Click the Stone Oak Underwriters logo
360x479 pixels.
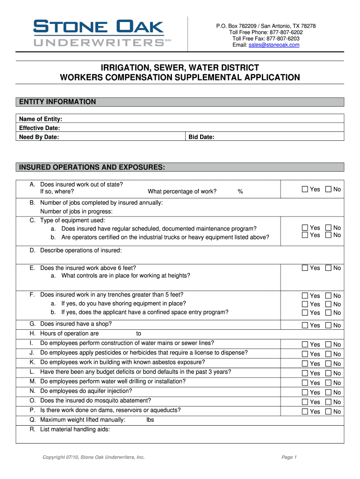click(99, 33)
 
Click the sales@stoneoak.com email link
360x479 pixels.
click(274, 45)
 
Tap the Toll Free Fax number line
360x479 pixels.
click(266, 38)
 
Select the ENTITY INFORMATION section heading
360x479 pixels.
click(57, 102)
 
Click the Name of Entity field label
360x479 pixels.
click(41, 119)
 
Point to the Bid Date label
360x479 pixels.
click(201, 137)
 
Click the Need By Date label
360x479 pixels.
click(39, 137)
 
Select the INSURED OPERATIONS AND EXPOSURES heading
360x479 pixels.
click(91, 167)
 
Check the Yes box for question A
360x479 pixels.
click(305, 189)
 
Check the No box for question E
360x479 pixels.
click(328, 268)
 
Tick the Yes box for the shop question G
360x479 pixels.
click(305, 325)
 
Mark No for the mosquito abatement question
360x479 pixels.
click(328, 402)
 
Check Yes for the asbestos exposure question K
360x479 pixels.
click(305, 363)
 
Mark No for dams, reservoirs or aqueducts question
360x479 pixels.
click(328, 412)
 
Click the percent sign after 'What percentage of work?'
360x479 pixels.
click(240, 191)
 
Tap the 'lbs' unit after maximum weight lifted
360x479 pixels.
click(150, 420)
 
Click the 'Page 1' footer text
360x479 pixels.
click(289, 457)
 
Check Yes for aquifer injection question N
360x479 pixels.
click(305, 392)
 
